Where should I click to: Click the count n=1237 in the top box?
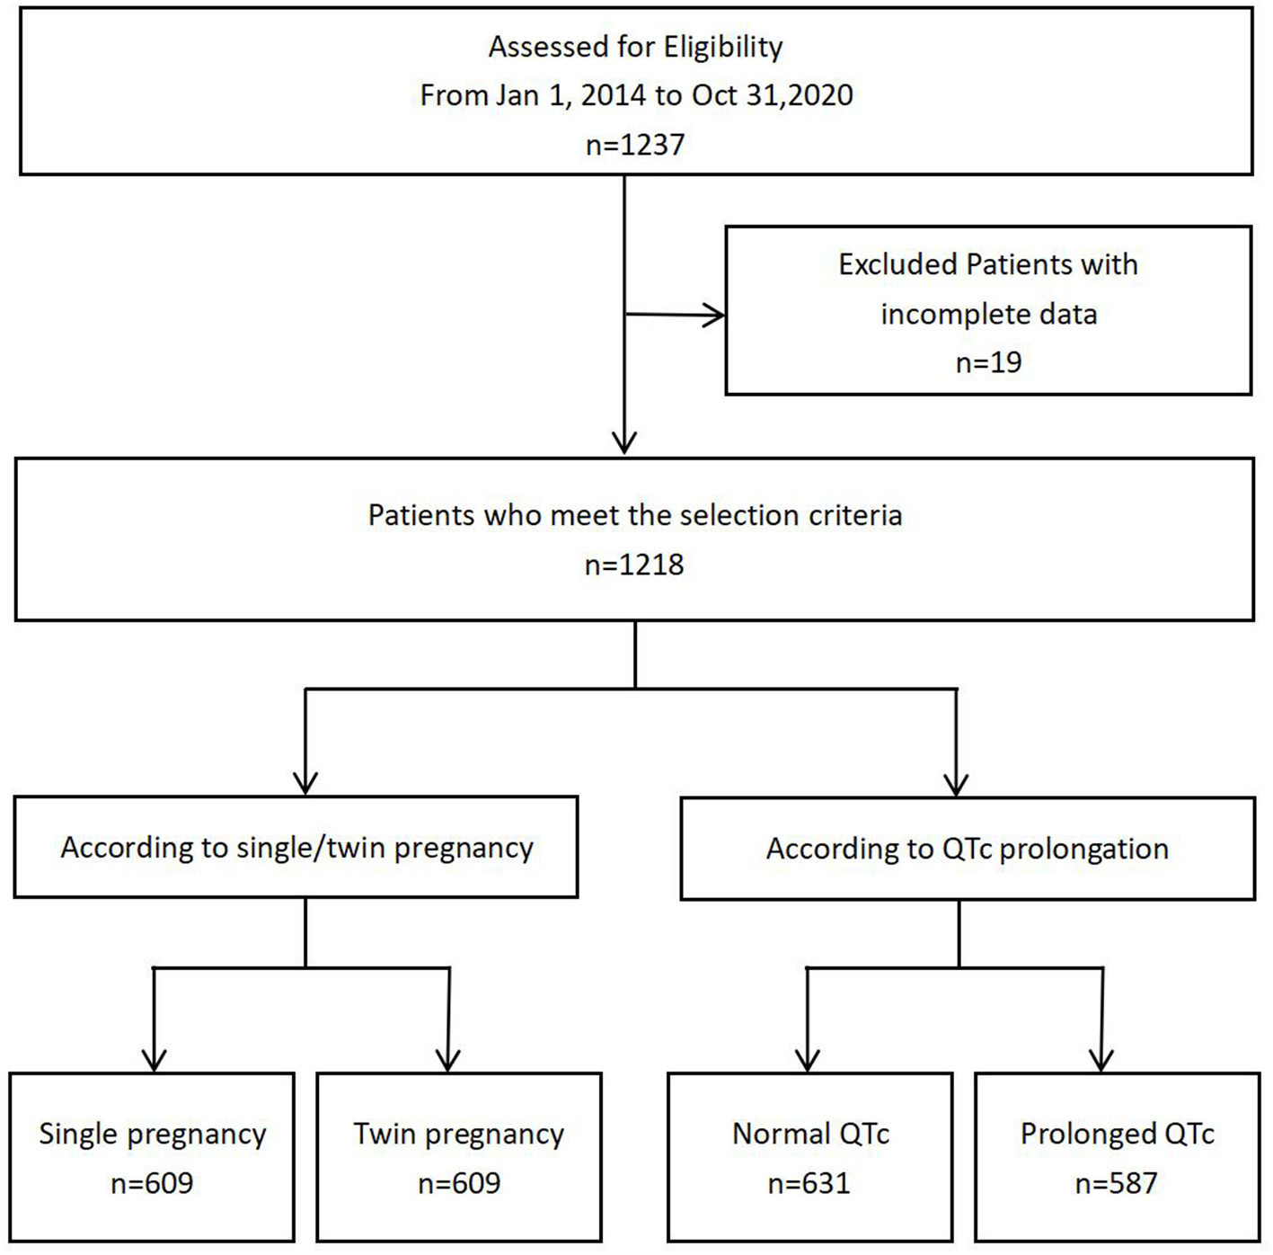pos(635,144)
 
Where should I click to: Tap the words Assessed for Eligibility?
pos(635,47)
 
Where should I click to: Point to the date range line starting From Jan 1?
pos(636,95)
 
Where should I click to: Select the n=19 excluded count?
pos(988,362)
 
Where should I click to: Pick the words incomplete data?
pos(988,314)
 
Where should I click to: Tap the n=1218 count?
pos(634,565)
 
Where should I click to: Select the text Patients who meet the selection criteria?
pos(634,515)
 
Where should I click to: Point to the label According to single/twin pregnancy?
pos(296,848)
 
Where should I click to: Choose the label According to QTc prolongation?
pos(967,849)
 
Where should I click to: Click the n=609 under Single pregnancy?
pos(152,1183)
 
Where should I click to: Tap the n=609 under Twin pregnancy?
pos(459,1183)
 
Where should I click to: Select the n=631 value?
pos(809,1183)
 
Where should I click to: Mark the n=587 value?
pos(1116,1183)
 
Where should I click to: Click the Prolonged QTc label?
pos(1117,1134)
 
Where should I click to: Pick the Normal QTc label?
pos(810,1134)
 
